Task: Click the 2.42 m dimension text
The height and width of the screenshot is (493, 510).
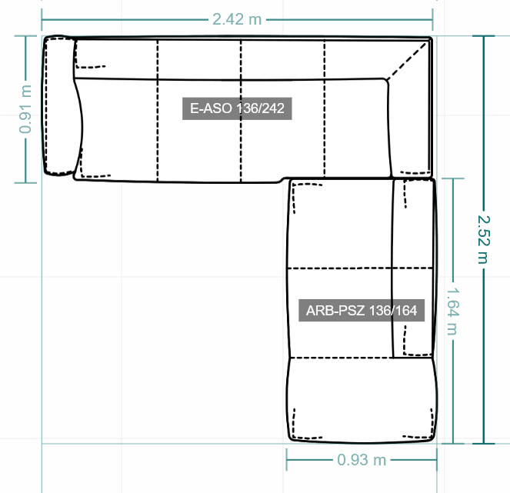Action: tap(237, 19)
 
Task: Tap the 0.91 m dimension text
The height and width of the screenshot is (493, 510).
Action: tap(25, 109)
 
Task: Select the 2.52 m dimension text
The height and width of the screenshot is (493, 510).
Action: tap(484, 239)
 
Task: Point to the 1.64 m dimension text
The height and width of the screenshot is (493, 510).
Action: tap(453, 311)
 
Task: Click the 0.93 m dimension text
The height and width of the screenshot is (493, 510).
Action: tap(362, 460)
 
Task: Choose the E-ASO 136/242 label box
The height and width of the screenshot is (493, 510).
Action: tap(237, 108)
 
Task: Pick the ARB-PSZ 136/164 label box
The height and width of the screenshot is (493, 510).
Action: tap(362, 311)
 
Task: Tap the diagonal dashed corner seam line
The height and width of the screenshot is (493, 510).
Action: tap(407, 61)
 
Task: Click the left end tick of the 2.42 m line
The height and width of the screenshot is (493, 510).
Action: tap(42, 19)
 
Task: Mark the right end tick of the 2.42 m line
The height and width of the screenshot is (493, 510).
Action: tap(432, 19)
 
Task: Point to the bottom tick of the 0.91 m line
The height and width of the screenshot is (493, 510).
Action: tap(25, 183)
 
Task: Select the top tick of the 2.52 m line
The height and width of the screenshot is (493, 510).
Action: tap(484, 36)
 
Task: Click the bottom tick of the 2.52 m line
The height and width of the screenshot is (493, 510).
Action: tap(484, 443)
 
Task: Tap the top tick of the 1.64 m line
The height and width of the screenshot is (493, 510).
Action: tap(453, 178)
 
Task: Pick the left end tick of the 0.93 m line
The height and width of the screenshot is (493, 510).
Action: tap(287, 460)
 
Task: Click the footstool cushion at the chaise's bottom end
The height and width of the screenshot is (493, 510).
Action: tap(362, 400)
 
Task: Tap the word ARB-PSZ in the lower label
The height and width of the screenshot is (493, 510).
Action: tap(335, 311)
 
